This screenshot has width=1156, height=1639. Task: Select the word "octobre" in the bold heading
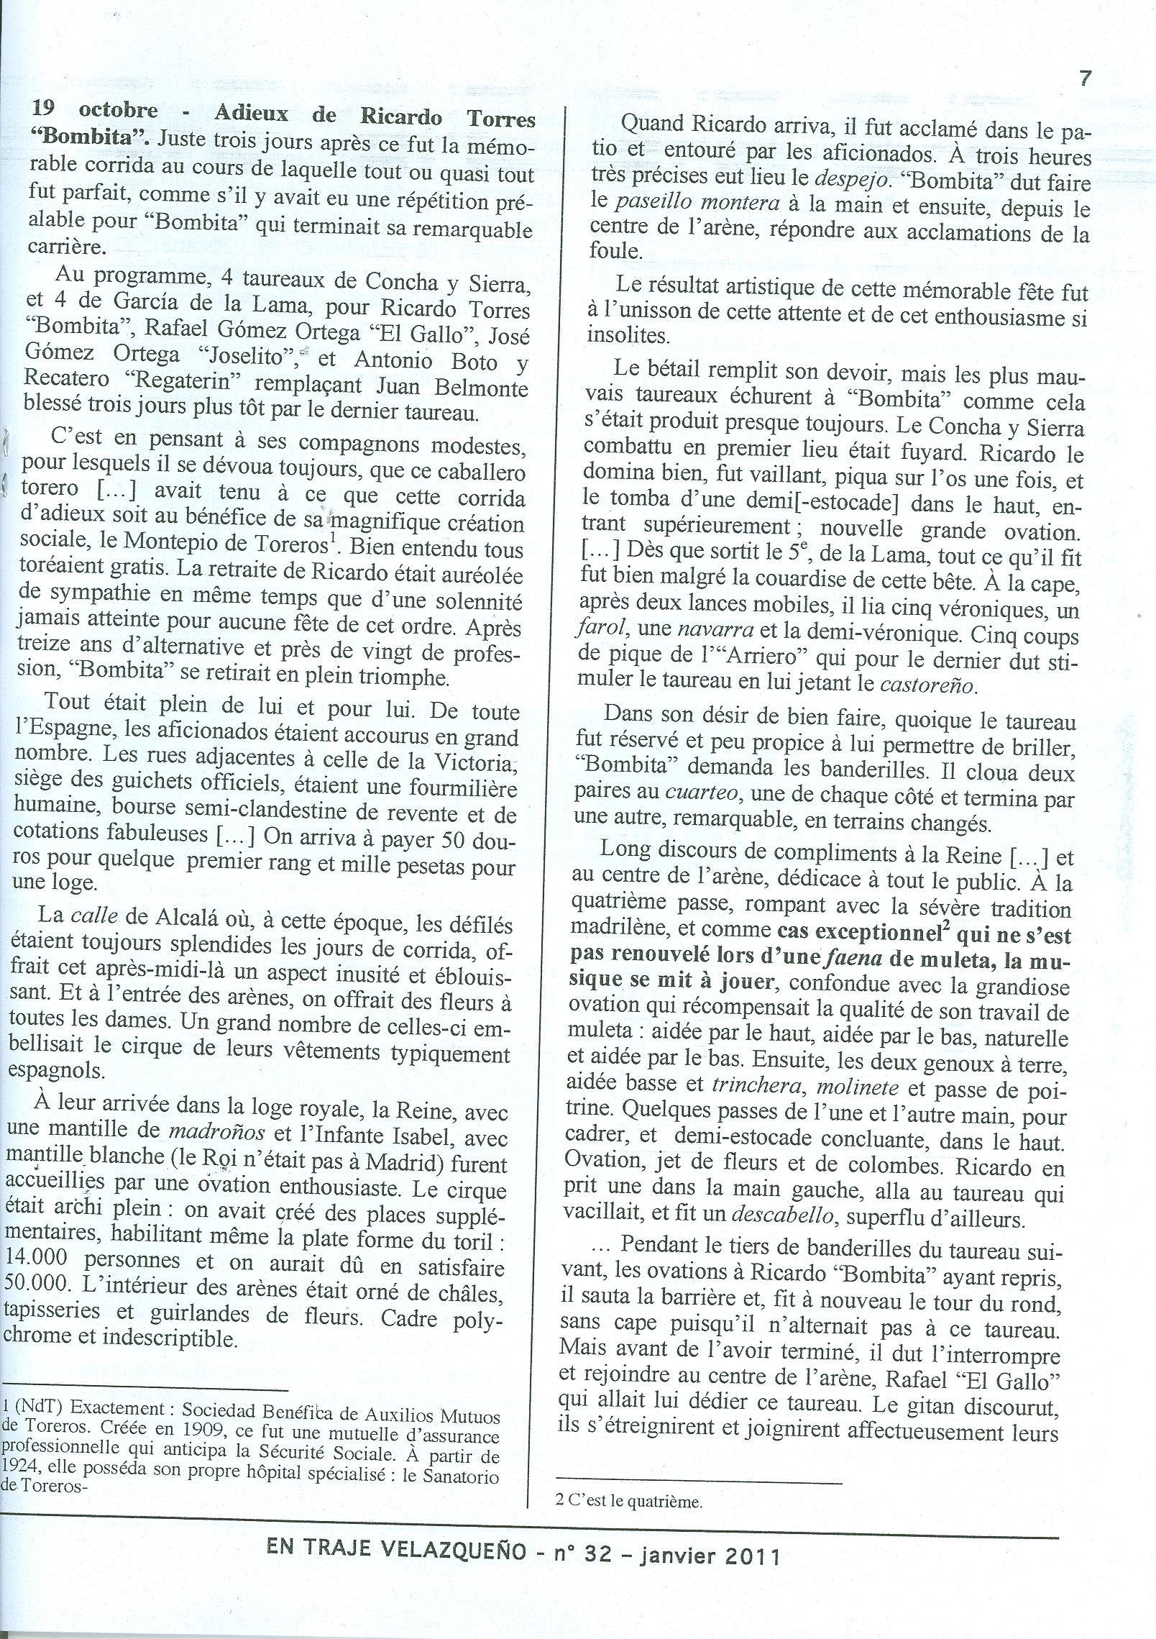click(x=118, y=111)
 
